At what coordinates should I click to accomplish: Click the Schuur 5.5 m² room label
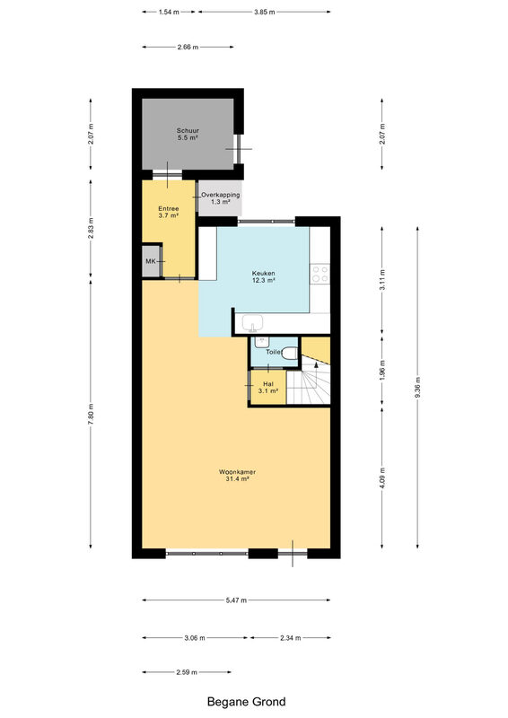click(x=188, y=134)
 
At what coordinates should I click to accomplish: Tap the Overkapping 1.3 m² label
click(x=220, y=197)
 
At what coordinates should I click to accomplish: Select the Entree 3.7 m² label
click(x=169, y=212)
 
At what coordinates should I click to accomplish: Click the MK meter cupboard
click(x=152, y=261)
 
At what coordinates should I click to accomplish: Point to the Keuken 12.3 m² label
click(x=263, y=276)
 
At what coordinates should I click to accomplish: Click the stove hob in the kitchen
click(x=320, y=274)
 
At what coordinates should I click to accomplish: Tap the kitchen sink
click(x=252, y=323)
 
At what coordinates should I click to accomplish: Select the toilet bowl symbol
click(x=290, y=354)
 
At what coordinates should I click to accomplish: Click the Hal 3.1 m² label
click(x=268, y=388)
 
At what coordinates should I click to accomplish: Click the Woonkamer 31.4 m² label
click(x=237, y=476)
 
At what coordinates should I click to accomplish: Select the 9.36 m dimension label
click(x=417, y=388)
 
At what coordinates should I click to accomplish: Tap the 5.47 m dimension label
click(x=236, y=600)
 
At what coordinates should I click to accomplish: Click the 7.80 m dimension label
click(x=91, y=415)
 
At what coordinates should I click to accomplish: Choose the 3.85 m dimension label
click(x=264, y=12)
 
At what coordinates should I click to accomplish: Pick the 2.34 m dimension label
click(x=291, y=637)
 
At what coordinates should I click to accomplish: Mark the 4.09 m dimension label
click(x=382, y=477)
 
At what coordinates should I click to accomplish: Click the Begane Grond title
click(x=247, y=702)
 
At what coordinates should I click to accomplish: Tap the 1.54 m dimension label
click(x=169, y=12)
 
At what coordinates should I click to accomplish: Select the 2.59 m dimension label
click(x=187, y=672)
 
